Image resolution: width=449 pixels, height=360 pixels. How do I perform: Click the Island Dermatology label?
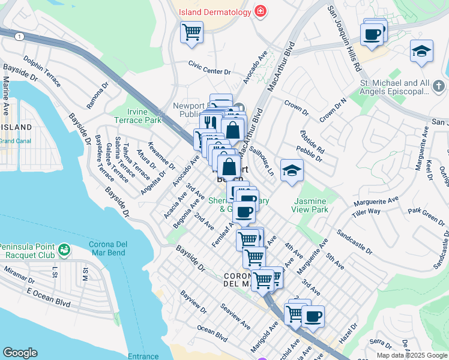click(214, 11)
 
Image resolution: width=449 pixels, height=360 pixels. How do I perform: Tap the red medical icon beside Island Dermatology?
click(260, 11)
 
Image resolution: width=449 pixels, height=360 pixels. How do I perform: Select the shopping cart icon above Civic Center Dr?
click(191, 32)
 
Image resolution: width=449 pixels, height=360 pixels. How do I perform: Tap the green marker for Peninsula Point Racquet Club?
click(64, 248)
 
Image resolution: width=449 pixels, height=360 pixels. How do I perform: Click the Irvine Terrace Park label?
click(136, 116)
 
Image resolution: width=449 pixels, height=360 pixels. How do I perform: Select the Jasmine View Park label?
click(312, 205)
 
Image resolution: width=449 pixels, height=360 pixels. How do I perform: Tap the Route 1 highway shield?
click(20, 37)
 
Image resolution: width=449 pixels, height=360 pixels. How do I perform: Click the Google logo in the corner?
click(20, 352)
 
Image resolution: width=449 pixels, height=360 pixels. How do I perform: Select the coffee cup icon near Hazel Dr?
click(312, 316)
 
